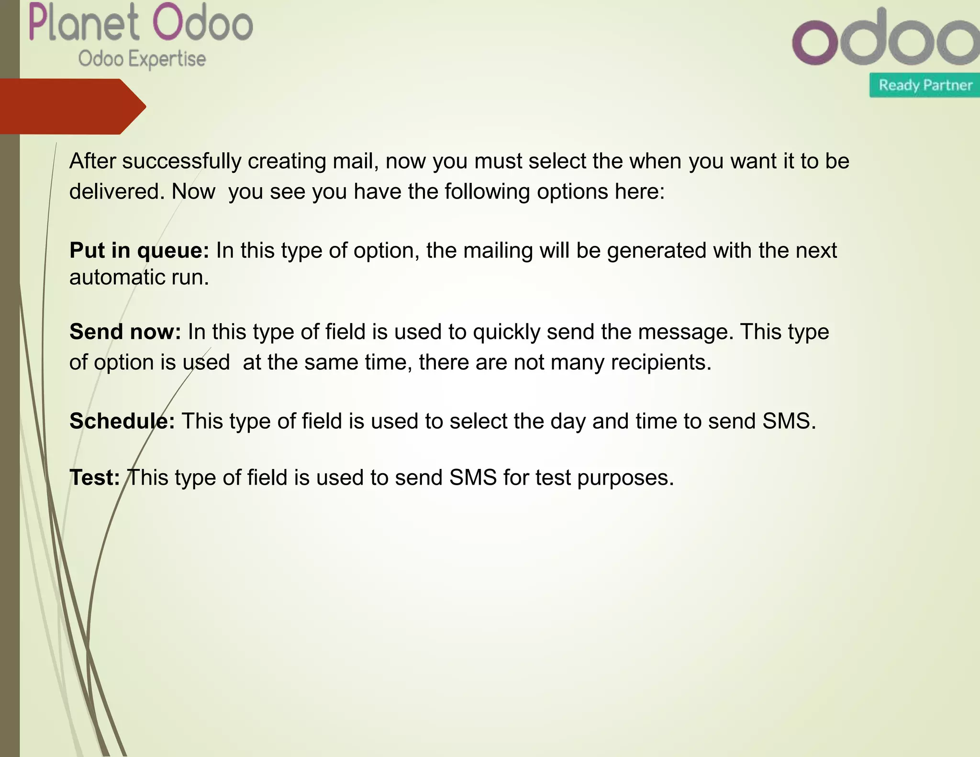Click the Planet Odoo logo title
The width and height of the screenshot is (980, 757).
tap(141, 23)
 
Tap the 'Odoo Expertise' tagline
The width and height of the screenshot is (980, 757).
tap(142, 59)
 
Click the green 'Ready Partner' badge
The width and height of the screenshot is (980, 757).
tap(925, 85)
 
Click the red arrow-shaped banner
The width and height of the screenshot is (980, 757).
tap(72, 106)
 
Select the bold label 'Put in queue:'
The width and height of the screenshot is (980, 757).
tap(139, 251)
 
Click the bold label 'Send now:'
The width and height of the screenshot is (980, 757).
tap(125, 332)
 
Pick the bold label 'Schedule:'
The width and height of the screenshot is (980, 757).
tap(122, 422)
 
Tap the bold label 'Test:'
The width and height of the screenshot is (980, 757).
tap(95, 478)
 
